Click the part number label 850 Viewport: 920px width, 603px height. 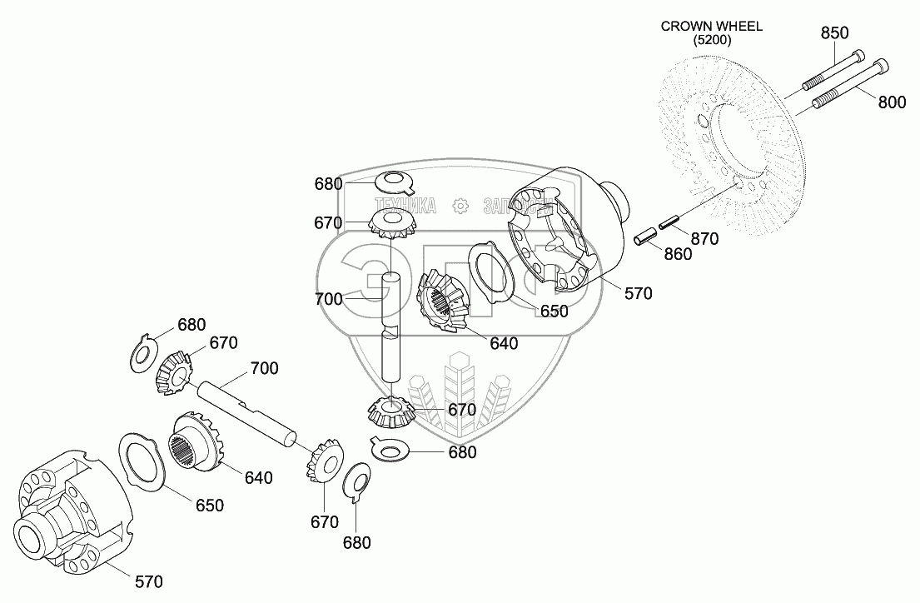click(x=834, y=33)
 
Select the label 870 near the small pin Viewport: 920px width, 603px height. click(x=704, y=238)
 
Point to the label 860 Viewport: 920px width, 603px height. click(x=677, y=254)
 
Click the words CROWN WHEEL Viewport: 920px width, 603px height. click(x=711, y=26)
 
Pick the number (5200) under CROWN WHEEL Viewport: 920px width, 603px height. click(x=711, y=39)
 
